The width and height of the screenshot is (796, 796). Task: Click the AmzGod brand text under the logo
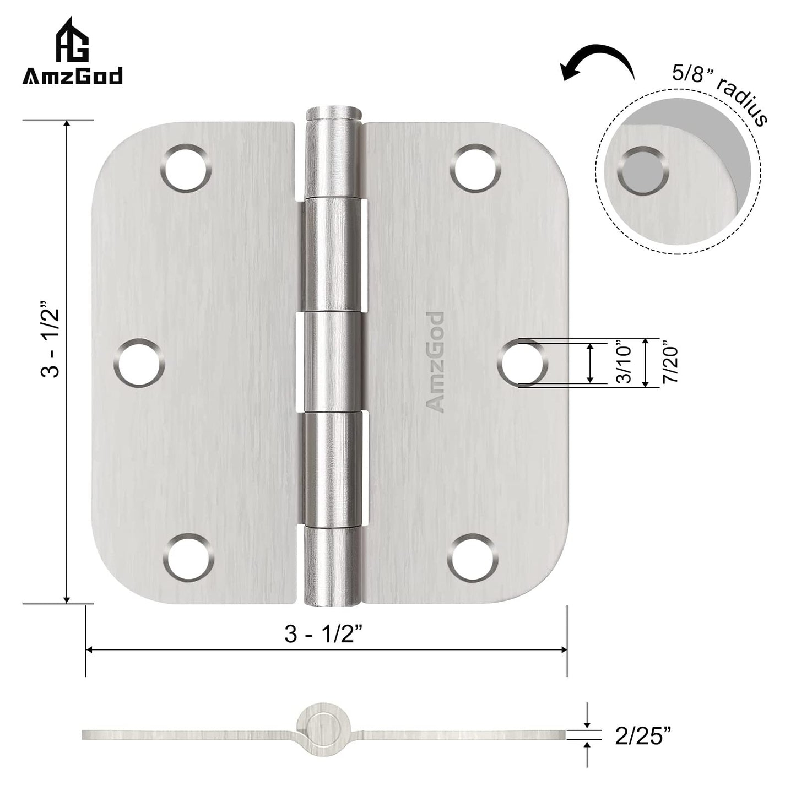tap(73, 76)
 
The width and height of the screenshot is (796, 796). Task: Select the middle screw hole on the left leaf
tap(140, 363)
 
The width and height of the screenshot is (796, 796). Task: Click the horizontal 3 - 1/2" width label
tap(327, 635)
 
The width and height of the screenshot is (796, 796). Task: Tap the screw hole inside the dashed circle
tap(642, 170)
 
